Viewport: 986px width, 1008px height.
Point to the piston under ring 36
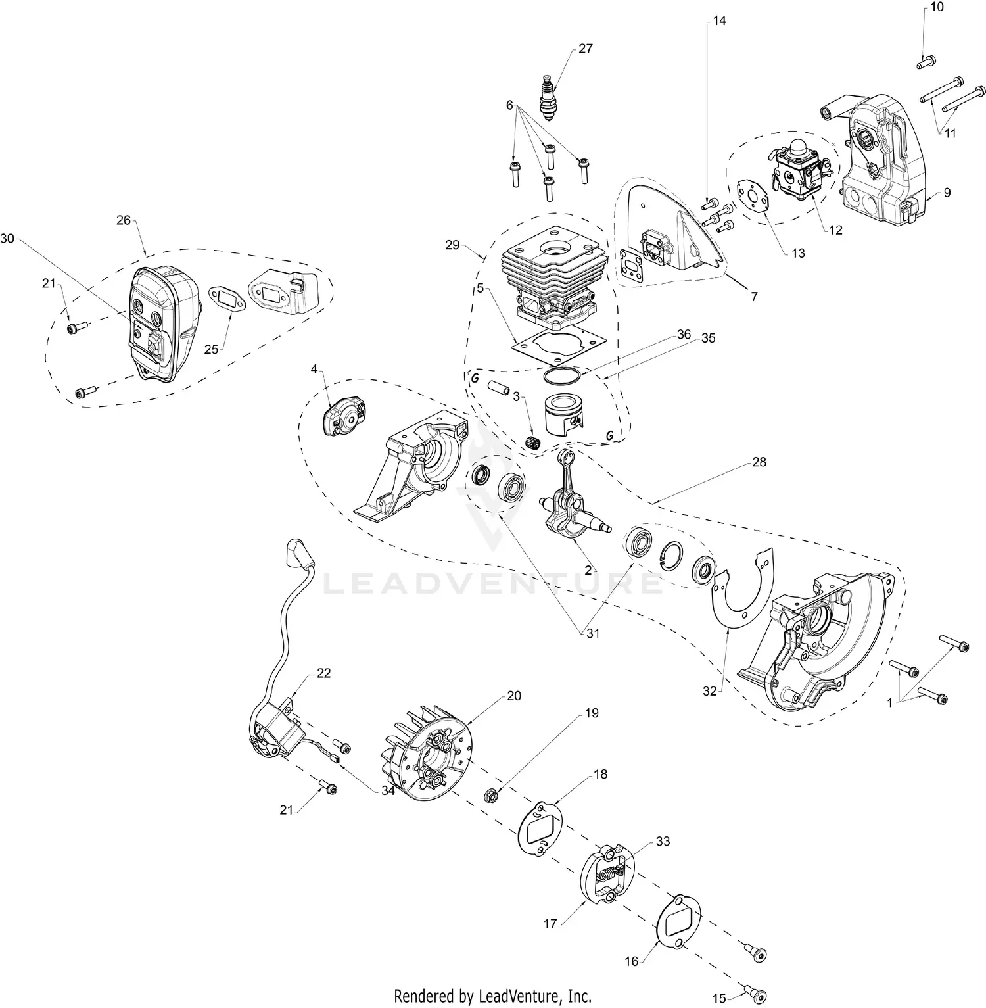coord(561,415)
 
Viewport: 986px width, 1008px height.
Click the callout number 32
coord(709,692)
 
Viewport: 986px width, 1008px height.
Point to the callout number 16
coord(631,962)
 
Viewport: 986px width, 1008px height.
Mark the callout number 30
coord(7,239)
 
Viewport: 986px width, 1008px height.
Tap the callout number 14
coord(719,21)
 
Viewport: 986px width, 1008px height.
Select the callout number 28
coord(759,462)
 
